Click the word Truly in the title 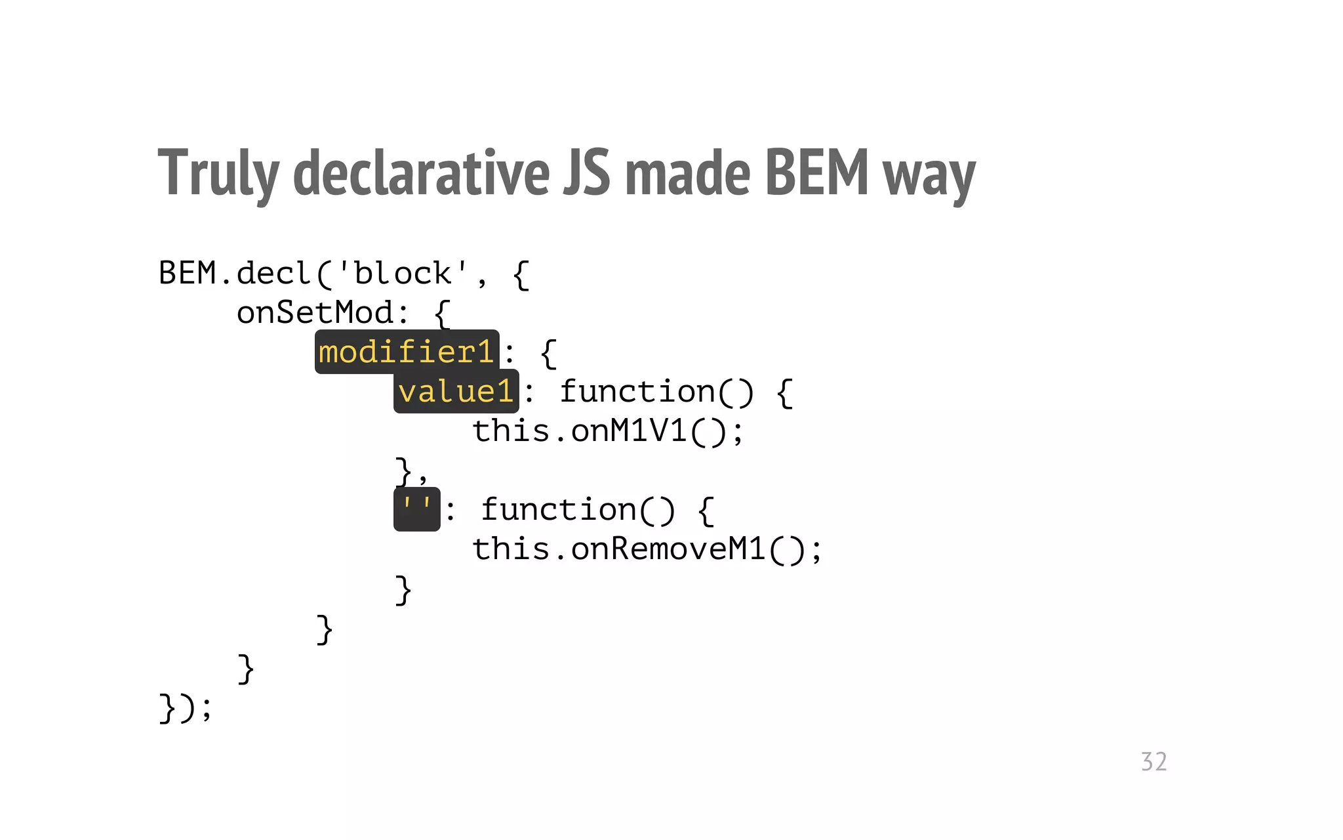coord(218,173)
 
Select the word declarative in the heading coord(421,173)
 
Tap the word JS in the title coord(586,173)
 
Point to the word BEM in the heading coord(816,173)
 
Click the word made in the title coord(687,173)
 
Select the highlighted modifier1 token coord(407,352)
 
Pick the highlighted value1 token coord(456,392)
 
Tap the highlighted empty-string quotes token coord(416,509)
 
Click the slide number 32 coord(1153,762)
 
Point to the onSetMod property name coord(315,313)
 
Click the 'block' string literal coord(402,274)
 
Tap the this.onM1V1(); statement coord(608,431)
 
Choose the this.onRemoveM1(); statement coord(647,549)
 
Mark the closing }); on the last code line coord(186,708)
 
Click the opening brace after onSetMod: coord(443,314)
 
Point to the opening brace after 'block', coord(521,274)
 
